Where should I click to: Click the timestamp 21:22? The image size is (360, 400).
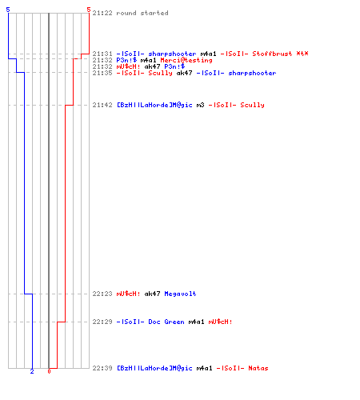click(x=102, y=13)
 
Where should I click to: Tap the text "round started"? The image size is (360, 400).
click(x=142, y=13)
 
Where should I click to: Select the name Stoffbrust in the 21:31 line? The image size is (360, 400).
click(x=272, y=54)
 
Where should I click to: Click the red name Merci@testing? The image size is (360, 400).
click(x=186, y=60)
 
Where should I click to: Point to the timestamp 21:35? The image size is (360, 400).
click(x=102, y=73)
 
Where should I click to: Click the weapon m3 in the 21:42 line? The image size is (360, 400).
click(x=200, y=105)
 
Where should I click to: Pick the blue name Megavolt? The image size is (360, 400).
click(x=180, y=294)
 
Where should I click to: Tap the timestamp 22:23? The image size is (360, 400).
click(x=102, y=294)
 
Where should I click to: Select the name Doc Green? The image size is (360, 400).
click(x=166, y=322)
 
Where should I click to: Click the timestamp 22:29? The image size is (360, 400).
click(x=102, y=322)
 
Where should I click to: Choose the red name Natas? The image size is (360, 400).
click(x=258, y=368)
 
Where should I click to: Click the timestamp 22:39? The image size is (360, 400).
click(x=102, y=368)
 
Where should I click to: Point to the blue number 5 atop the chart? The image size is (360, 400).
click(x=8, y=10)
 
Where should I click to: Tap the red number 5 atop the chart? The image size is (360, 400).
click(x=89, y=10)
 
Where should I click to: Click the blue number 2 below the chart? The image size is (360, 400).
click(x=32, y=371)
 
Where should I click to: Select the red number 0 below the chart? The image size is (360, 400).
click(x=49, y=371)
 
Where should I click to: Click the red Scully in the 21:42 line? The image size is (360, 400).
click(x=252, y=105)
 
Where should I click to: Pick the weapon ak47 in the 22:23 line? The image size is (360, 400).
click(x=152, y=294)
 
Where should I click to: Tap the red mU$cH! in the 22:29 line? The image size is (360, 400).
click(x=220, y=322)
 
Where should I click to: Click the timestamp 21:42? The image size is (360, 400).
click(x=102, y=105)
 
